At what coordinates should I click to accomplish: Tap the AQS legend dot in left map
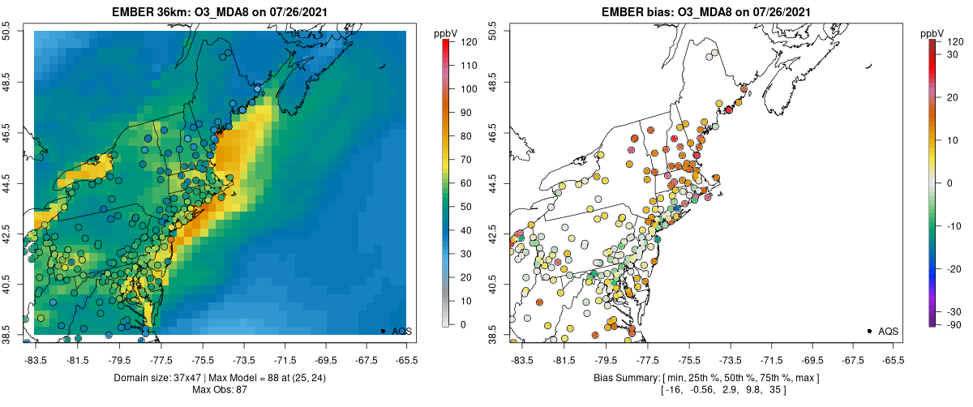click(382, 331)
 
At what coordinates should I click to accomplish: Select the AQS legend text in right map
click(889, 331)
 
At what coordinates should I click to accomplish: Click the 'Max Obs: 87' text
click(220, 390)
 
